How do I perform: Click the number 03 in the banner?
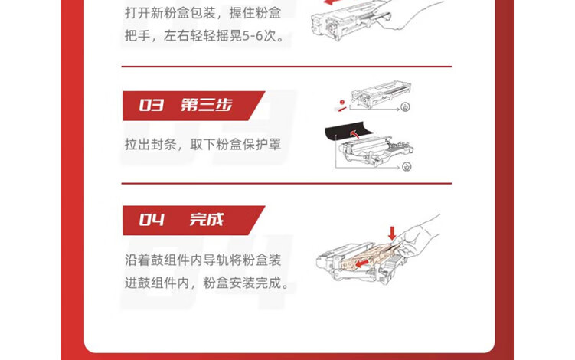coord(151,106)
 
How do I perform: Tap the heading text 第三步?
coord(207,106)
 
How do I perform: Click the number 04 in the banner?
coord(152,220)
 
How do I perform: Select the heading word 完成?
coord(207,220)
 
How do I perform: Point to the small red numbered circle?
coord(341,103)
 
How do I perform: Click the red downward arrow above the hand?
coord(392,233)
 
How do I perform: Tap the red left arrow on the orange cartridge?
coord(362,263)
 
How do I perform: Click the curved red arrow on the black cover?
coord(354,133)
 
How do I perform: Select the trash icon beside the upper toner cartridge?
coord(405,107)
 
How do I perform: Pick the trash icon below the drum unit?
coord(407,167)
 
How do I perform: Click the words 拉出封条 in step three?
coord(151,144)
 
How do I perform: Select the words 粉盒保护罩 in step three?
coord(248,144)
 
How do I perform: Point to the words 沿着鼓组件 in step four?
coord(157,260)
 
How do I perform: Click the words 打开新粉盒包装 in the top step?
coord(170,13)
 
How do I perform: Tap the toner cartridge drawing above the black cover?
coord(381,94)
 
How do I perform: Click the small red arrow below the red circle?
coord(341,110)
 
